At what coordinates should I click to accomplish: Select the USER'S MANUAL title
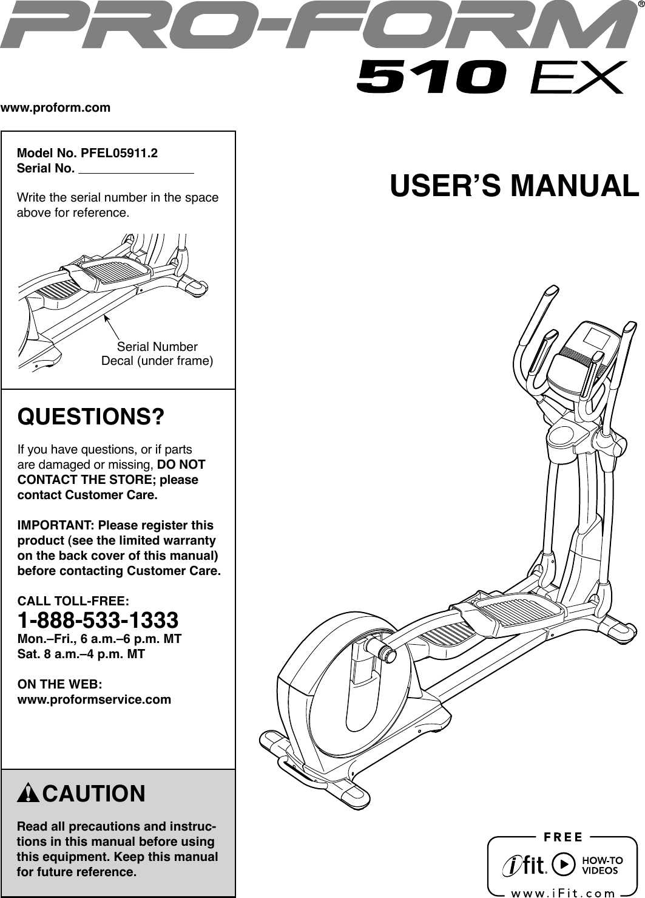click(x=515, y=186)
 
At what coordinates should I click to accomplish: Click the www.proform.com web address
click(x=56, y=109)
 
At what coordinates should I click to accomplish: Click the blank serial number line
click(x=136, y=170)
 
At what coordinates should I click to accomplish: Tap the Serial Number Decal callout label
click(x=157, y=355)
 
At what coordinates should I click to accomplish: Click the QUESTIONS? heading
click(x=91, y=418)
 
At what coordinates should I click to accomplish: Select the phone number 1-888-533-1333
click(x=98, y=621)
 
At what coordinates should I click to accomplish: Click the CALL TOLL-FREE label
click(x=73, y=601)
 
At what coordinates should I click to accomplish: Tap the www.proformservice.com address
click(x=95, y=699)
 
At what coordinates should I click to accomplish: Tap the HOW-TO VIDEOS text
click(x=603, y=865)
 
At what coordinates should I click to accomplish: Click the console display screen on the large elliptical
click(x=598, y=334)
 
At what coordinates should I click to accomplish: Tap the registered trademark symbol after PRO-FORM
click(x=640, y=7)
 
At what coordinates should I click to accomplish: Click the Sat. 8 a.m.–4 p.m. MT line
click(x=81, y=654)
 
